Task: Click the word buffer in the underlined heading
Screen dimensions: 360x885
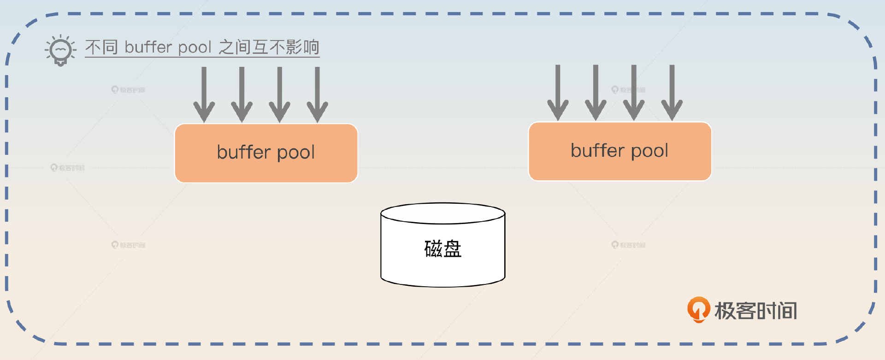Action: coord(148,47)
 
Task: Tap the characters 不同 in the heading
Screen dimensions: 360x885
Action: coord(101,47)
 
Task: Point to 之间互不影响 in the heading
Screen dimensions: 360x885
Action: coord(269,47)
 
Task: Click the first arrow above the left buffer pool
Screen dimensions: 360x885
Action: coord(204,94)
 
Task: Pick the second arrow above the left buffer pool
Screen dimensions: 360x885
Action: coord(242,94)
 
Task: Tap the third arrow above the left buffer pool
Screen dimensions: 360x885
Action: coord(279,94)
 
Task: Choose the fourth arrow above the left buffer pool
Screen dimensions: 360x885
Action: coord(317,94)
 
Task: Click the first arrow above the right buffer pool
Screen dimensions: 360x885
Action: coord(558,93)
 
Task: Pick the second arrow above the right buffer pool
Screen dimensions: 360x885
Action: coord(596,93)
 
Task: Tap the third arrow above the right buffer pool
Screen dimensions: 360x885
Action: coord(634,93)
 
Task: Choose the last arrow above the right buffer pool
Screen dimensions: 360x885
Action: coord(672,93)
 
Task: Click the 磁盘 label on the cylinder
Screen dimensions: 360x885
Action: coord(442,249)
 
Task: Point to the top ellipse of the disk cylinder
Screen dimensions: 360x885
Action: coord(442,213)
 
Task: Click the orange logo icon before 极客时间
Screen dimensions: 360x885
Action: coord(698,309)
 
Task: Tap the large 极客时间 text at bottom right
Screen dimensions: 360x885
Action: coord(755,311)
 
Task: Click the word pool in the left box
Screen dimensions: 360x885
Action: coord(295,153)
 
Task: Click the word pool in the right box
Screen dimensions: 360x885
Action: coord(649,151)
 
